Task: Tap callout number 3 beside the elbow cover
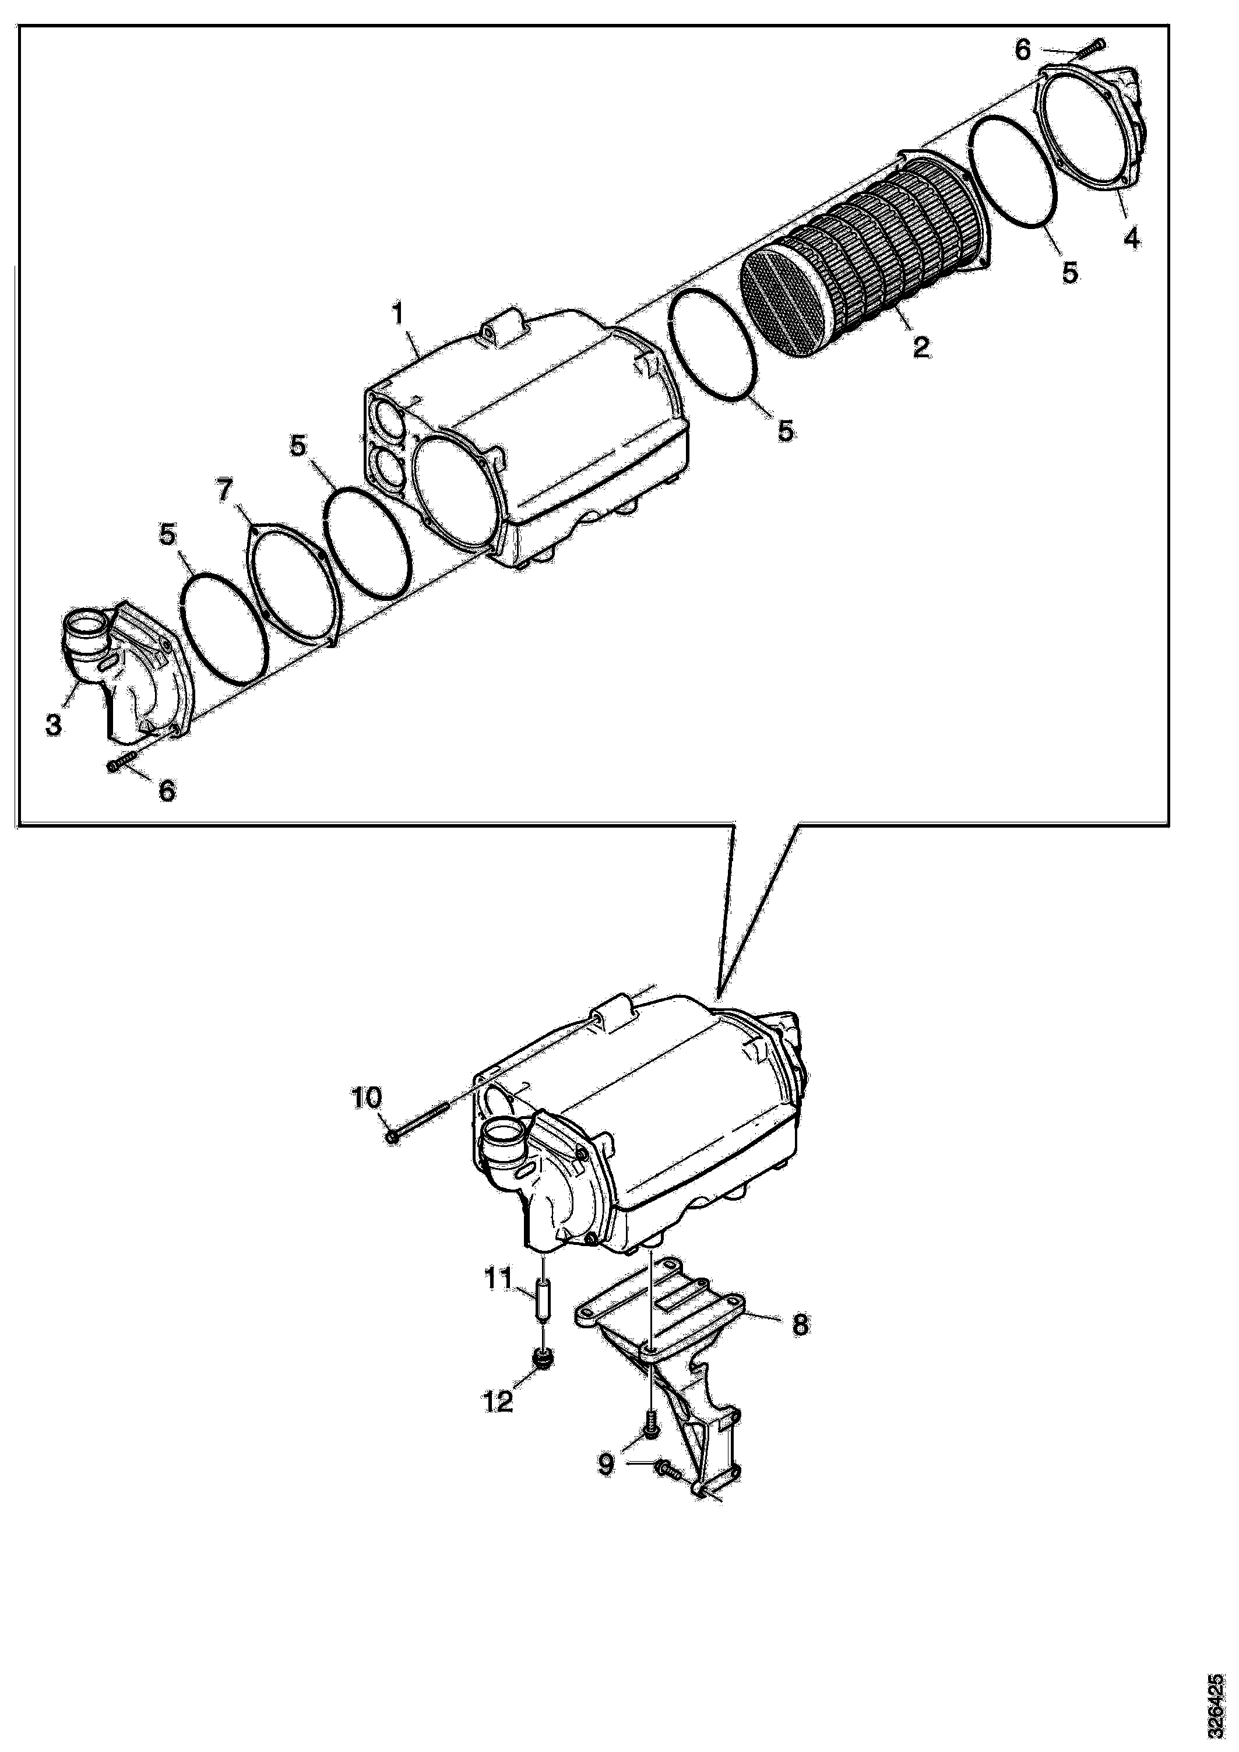point(54,724)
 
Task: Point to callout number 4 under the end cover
point(1131,238)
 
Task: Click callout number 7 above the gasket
point(224,491)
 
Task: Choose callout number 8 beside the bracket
point(800,1324)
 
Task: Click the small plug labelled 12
point(543,1357)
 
